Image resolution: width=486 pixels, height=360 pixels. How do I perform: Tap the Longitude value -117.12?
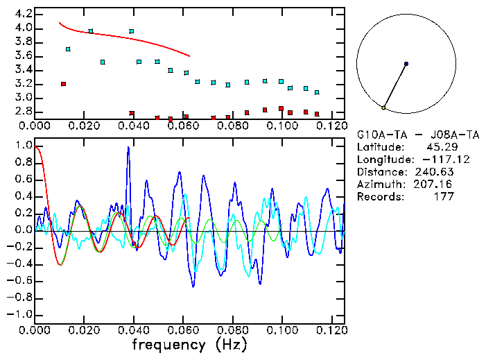(x=435, y=159)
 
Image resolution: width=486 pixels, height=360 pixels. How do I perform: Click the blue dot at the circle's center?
(x=406, y=64)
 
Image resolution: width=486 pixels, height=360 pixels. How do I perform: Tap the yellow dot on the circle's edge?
(x=383, y=108)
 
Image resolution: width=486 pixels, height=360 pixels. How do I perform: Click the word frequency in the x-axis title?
(x=168, y=344)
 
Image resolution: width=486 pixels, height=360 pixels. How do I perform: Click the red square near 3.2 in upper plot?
(x=63, y=84)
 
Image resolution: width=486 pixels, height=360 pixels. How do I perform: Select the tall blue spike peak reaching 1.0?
(x=128, y=148)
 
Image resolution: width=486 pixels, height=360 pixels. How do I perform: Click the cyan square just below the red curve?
(x=91, y=31)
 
